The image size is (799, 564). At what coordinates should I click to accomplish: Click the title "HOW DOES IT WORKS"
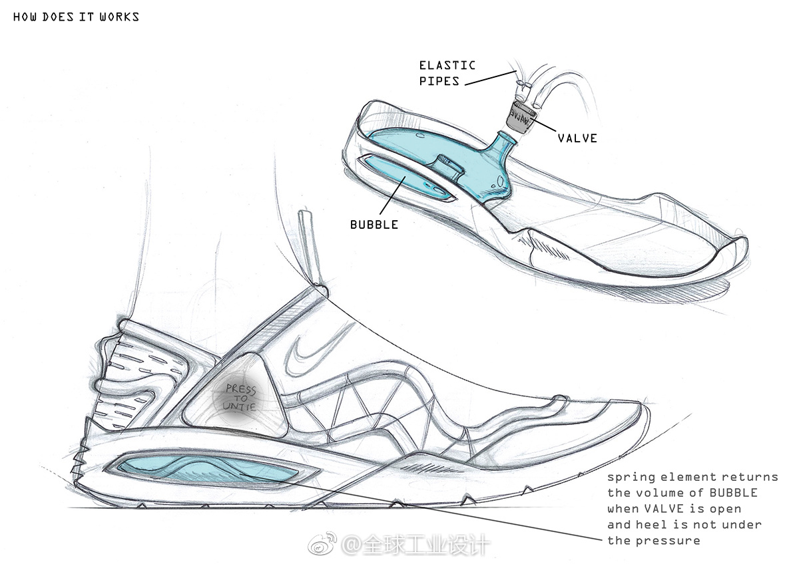(76, 17)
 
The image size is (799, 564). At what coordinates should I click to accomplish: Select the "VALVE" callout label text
(577, 138)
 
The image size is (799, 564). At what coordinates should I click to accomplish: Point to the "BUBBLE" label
(374, 225)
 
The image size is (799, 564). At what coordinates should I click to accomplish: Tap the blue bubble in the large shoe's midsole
(206, 474)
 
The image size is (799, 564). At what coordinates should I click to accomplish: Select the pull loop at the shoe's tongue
(310, 249)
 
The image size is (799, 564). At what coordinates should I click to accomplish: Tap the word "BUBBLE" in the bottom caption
(732, 493)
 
